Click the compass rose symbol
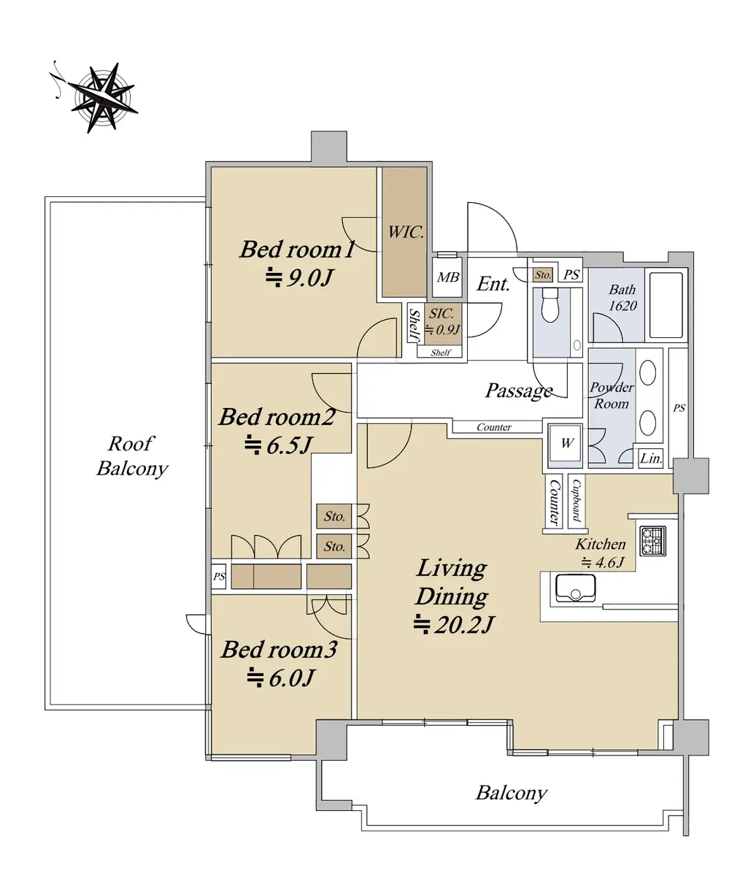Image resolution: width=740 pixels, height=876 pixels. pos(101,97)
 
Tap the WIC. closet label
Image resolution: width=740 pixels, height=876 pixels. pos(406,232)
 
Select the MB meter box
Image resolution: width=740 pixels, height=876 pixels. pos(448,277)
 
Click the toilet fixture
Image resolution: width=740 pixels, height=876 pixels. pos(550,304)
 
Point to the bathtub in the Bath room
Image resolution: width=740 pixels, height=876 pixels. pos(666,305)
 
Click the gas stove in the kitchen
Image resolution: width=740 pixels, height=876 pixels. pos(652,541)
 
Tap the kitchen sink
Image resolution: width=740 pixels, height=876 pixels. pos(575,588)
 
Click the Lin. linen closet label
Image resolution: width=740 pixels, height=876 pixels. pos(651,458)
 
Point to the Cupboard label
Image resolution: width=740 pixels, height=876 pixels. pos(577,501)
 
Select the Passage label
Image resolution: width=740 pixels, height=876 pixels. pos(519,391)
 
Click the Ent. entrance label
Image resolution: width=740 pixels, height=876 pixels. pos(493,284)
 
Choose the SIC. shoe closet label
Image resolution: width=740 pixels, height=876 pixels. pos(442,313)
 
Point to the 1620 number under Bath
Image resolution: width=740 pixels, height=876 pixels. pos(623,306)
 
